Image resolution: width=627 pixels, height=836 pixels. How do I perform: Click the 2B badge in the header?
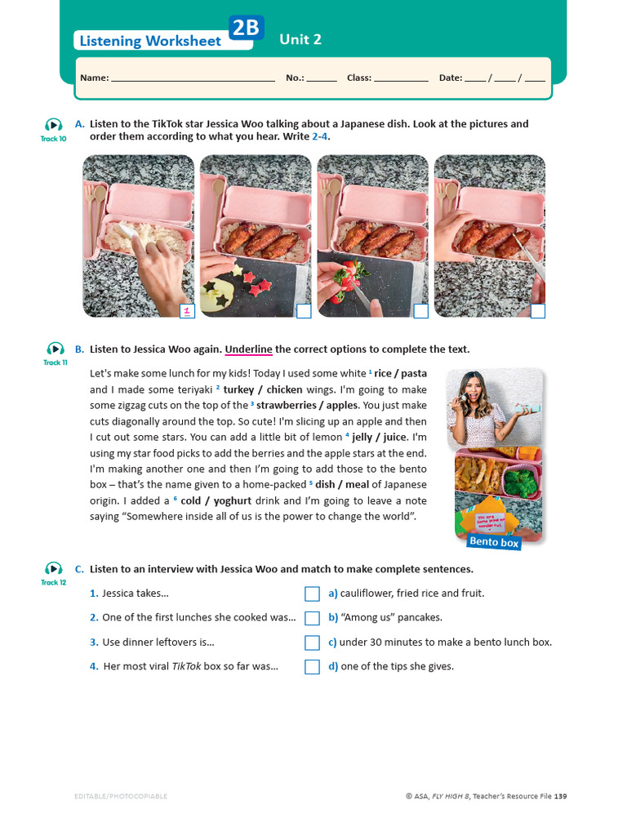pos(246,29)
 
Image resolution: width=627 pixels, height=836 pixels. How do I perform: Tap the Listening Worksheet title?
pos(150,41)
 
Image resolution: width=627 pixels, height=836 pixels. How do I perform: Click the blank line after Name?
pos(193,78)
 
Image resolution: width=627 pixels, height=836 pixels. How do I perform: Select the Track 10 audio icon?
pos(54,125)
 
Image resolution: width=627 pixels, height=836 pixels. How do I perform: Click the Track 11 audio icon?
pos(54,349)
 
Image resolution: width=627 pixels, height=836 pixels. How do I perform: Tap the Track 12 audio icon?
pos(54,568)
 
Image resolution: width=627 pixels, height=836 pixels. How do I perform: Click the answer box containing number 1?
pos(187,310)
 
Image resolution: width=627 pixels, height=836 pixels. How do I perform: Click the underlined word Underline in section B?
pos(248,349)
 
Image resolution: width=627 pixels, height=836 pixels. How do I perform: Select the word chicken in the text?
pos(283,389)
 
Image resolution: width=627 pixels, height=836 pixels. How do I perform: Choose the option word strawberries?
pos(290,405)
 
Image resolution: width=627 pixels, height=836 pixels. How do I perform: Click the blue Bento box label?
pos(493,541)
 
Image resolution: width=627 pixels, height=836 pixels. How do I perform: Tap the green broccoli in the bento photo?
pos(522,482)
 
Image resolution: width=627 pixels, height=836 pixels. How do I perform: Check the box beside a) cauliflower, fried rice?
pos(312,594)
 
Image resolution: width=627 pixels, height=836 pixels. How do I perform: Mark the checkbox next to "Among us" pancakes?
pos(312,618)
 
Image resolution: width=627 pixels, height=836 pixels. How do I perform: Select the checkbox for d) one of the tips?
pos(312,666)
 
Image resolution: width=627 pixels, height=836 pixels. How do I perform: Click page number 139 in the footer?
pos(560,796)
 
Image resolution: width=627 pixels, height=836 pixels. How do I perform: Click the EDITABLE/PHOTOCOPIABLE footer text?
pos(120,796)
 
